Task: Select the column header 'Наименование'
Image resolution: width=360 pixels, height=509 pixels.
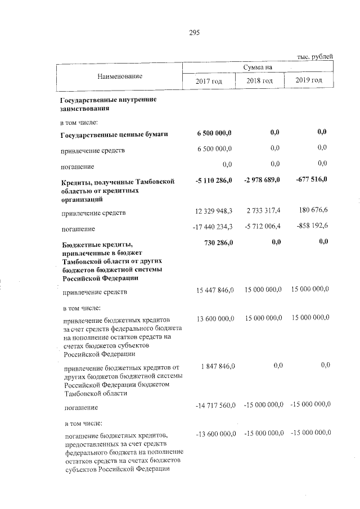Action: coord(119,75)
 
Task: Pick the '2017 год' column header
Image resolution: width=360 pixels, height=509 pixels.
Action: coord(209,82)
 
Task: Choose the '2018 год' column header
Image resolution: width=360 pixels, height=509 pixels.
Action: coord(259,82)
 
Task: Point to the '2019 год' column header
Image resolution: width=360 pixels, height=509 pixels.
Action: coord(309,81)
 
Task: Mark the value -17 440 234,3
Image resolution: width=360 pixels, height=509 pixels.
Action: coord(210,229)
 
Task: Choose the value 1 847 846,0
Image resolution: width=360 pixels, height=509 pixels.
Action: coord(217,366)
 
